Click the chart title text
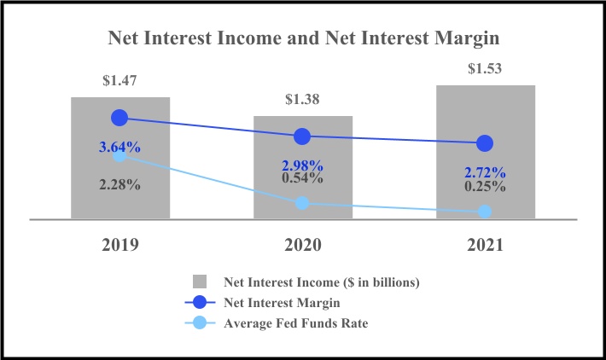(303, 38)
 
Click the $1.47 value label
(119, 82)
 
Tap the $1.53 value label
(485, 68)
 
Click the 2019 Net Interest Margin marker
(119, 117)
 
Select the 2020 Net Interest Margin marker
(302, 136)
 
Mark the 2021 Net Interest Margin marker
(485, 142)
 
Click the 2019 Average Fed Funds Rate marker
(119, 155)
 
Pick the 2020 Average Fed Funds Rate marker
(302, 203)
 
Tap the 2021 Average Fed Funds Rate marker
(485, 211)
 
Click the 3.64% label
(119, 147)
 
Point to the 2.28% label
(119, 184)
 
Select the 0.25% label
(485, 186)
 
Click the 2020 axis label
(302, 245)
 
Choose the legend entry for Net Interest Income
(321, 282)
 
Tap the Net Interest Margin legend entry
(283, 302)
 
